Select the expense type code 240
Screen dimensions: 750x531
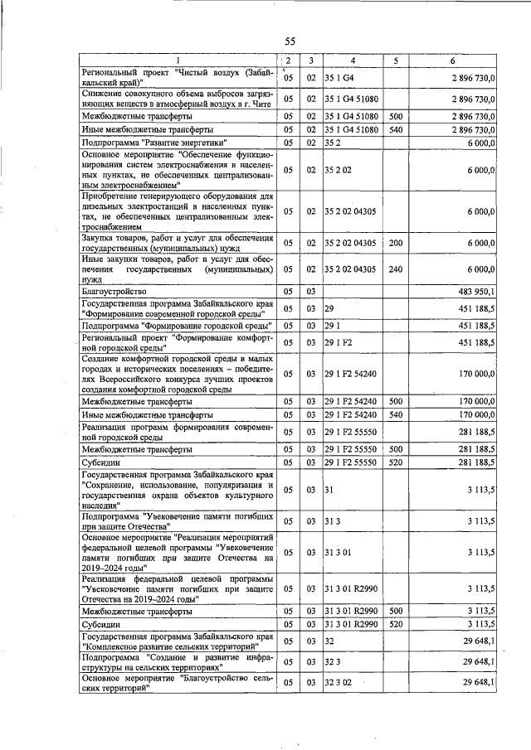395,269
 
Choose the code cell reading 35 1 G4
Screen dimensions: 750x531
339,77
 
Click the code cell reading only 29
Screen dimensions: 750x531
329,308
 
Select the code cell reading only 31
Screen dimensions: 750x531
329,490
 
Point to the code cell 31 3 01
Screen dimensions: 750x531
340,550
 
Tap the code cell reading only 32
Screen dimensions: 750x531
329,641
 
